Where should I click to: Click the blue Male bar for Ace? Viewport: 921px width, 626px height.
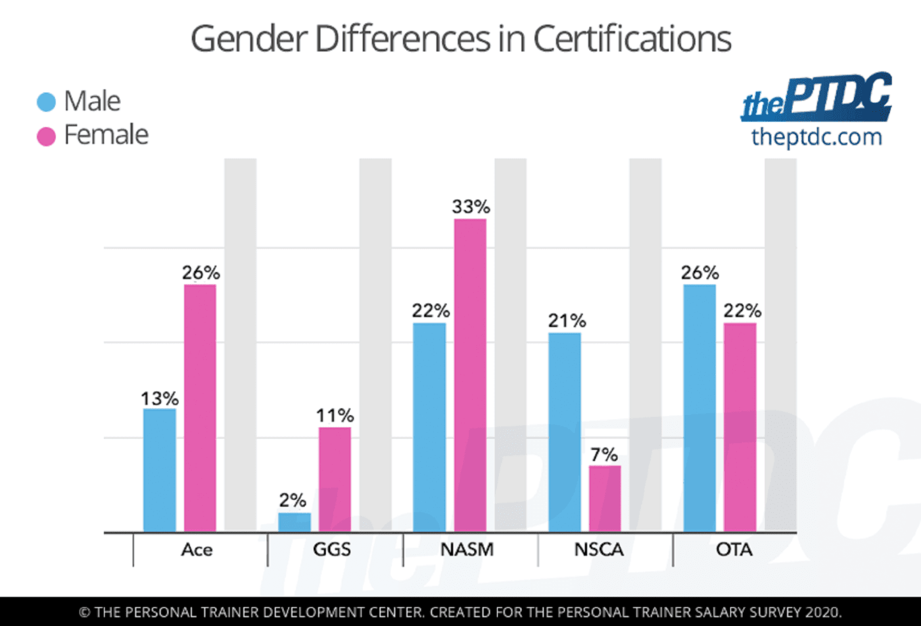(159, 470)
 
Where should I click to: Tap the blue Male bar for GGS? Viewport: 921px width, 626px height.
(294, 522)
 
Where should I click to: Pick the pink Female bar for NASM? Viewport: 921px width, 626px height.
(470, 375)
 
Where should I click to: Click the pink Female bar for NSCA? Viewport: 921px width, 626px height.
(604, 499)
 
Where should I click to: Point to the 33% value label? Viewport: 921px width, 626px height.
(471, 207)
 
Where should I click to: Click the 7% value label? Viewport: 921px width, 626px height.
(604, 455)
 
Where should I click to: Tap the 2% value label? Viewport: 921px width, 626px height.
(292, 500)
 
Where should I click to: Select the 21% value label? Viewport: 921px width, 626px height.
(567, 320)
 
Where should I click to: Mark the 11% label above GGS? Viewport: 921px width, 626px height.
(335, 416)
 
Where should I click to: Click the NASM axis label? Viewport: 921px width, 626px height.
(467, 549)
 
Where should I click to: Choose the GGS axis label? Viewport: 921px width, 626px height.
(332, 549)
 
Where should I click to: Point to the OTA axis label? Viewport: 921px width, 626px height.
(734, 549)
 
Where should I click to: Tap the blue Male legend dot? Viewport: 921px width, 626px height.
(46, 102)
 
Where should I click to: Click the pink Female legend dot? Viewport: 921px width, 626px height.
(46, 136)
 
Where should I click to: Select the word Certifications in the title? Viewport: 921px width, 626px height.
(632, 39)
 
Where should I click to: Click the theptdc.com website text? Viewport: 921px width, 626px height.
(817, 137)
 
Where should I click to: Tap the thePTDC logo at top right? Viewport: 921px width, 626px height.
(817, 97)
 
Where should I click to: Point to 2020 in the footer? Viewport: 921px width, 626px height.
(823, 612)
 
